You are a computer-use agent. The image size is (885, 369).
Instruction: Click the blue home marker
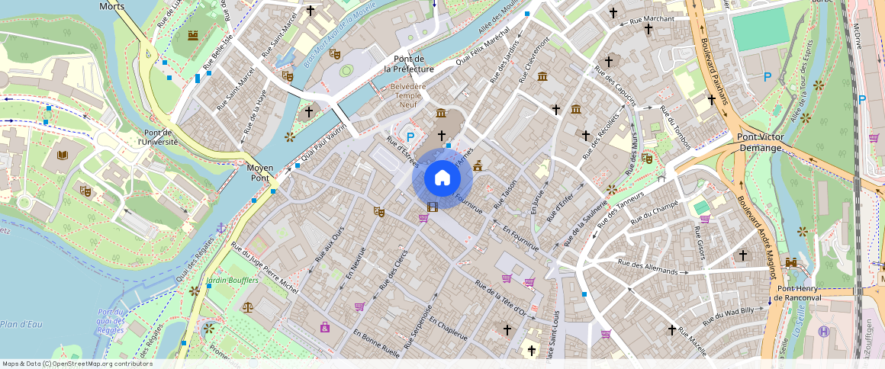coord(443,178)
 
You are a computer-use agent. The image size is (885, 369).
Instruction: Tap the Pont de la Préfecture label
coord(414,64)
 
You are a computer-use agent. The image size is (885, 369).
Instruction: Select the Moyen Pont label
coord(259,172)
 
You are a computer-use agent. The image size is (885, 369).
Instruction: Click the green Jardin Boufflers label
coord(233,280)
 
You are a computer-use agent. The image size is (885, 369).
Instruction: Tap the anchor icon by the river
coord(221,228)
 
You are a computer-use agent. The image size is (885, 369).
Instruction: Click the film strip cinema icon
coord(433,207)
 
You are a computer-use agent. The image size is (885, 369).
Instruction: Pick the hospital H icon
coord(823,331)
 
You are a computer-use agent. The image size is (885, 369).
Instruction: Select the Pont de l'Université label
coord(157,136)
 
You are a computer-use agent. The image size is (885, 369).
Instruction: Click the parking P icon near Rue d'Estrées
coord(410,137)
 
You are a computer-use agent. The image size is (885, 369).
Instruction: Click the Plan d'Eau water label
coord(21,324)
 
